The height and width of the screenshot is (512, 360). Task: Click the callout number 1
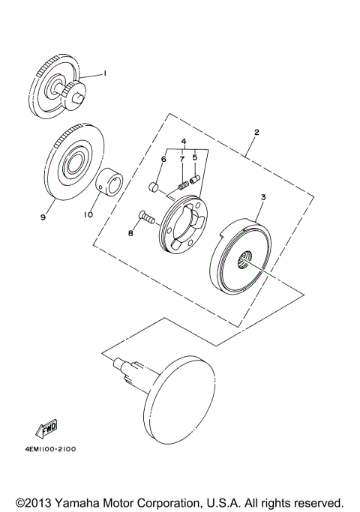pyautogui.click(x=106, y=73)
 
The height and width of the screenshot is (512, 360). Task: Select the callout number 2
pyautogui.click(x=256, y=132)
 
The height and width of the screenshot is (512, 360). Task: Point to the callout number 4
pyautogui.click(x=181, y=141)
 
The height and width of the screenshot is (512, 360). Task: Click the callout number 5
pyautogui.click(x=196, y=158)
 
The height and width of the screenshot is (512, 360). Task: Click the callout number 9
pyautogui.click(x=44, y=217)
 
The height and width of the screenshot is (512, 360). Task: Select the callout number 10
pyautogui.click(x=88, y=214)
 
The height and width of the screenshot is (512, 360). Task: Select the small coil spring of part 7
pyautogui.click(x=181, y=183)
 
